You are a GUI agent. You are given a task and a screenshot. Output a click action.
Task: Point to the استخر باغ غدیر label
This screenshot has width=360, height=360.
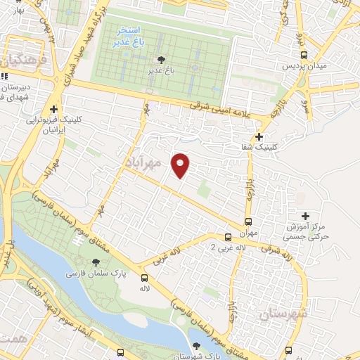point(128,37)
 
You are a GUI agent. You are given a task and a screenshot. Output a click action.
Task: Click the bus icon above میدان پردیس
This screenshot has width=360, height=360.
point(304,54)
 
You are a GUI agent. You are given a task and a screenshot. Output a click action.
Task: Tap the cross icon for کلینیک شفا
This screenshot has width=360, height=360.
point(259,136)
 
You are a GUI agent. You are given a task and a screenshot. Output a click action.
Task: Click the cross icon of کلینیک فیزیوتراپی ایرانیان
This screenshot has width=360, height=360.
point(54,109)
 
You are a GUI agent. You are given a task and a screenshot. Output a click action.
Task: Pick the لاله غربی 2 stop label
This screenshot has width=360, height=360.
point(231,248)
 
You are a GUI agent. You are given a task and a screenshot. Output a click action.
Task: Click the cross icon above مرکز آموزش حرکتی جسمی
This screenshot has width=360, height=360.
point(304,216)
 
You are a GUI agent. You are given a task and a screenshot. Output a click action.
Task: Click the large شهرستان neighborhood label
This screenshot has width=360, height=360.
point(281,310)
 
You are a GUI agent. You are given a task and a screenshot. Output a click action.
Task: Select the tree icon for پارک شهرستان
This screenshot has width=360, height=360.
point(195,345)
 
